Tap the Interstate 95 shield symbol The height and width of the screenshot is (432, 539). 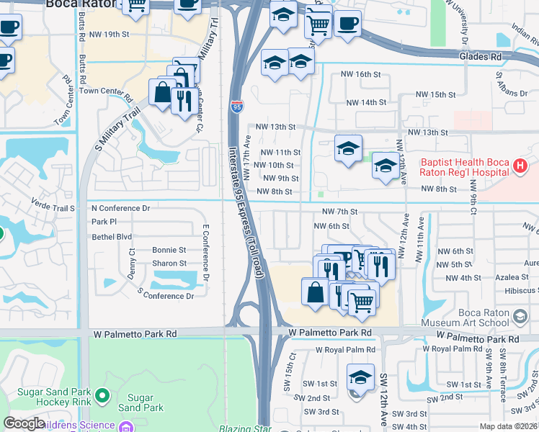(237, 107)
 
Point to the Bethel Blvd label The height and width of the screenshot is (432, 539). (112, 236)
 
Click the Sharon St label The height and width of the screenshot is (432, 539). (169, 264)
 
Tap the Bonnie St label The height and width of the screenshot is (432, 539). (169, 250)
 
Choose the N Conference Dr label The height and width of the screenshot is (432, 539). (120, 208)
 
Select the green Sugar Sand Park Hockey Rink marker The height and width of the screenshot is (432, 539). (102, 395)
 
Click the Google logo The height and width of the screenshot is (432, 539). (24, 423)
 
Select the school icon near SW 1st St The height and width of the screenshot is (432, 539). (360, 377)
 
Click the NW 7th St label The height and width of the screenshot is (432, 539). (340, 212)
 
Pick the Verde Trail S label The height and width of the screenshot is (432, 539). (53, 209)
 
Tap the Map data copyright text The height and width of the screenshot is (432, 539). (507, 426)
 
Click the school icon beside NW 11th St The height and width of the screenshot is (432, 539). (349, 149)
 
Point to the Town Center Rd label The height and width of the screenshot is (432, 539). (106, 91)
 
